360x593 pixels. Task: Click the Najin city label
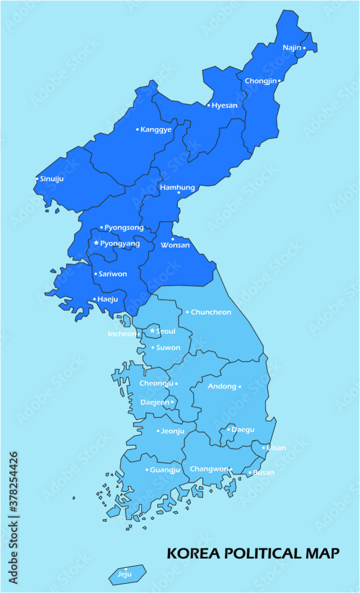coord(291,47)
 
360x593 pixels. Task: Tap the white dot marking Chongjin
coord(279,80)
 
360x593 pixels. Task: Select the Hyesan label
coord(225,106)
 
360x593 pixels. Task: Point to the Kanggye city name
coord(156,129)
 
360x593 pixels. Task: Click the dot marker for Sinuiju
coord(37,178)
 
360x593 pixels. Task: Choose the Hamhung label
coord(177,187)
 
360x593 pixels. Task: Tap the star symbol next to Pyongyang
coord(96,243)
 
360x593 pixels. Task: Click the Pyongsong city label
coord(124,227)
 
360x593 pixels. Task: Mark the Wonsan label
coord(176,245)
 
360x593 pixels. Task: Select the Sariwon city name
coord(112,274)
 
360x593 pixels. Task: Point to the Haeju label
coord(108,299)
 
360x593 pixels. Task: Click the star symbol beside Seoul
coord(152,331)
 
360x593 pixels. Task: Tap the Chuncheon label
coord(211,312)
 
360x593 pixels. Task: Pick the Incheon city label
coord(122,334)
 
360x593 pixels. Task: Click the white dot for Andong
coord(240,387)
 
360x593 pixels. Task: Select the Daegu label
coord(243,429)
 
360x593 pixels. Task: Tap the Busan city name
coord(264,473)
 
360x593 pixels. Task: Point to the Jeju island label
coord(125,574)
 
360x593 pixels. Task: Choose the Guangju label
coord(165,470)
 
